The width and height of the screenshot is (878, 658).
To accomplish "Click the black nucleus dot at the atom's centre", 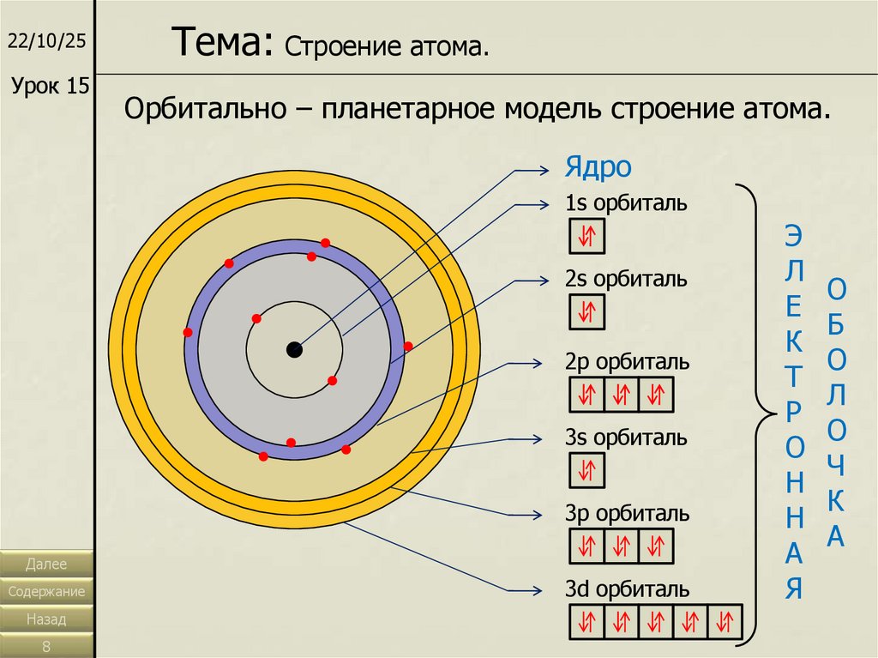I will point(294,349).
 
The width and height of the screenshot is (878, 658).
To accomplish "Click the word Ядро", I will point(598,167).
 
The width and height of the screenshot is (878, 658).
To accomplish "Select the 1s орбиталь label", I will point(626,204).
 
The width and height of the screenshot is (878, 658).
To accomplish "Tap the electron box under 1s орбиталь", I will point(587,235).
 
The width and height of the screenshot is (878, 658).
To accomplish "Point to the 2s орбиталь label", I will point(626,280).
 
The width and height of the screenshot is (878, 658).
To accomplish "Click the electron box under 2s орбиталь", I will point(587,311).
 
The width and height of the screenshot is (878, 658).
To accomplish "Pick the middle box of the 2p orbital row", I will point(622,395).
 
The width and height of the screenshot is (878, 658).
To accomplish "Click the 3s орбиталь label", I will point(626,438).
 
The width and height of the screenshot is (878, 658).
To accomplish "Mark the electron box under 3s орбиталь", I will point(587,470).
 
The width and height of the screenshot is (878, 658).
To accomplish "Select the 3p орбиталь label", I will point(627,514).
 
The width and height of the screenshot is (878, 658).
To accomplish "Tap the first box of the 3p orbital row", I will point(587,546).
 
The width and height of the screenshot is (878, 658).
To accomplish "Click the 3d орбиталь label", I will point(627,589).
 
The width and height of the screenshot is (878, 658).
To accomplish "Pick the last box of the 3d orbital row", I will point(725,621).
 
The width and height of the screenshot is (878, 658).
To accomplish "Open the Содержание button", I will point(47,592).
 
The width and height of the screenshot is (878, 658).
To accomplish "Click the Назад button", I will point(47,619).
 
